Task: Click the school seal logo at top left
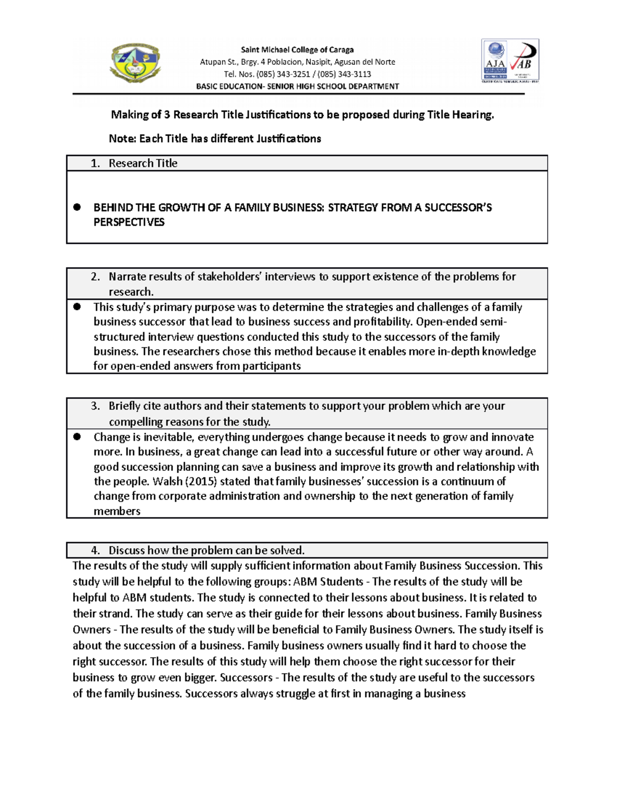pos(135,63)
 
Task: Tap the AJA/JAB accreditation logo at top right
pos(510,61)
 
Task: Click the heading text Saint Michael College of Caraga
pos(297,50)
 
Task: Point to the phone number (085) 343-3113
pos(344,74)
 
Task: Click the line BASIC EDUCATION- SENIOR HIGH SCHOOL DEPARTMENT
pos(297,86)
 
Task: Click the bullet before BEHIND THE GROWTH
pos(77,207)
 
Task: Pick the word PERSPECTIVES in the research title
pos(129,222)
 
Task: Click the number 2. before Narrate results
pos(95,277)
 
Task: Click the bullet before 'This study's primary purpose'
pos(77,307)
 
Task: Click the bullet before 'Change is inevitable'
pos(77,437)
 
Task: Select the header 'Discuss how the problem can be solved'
pos(206,551)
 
